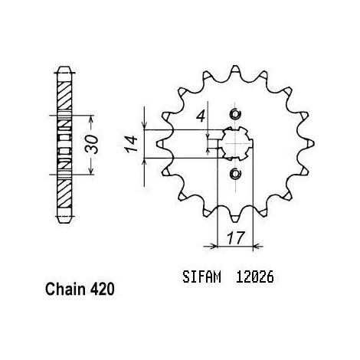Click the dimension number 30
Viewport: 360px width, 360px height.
[x=92, y=145]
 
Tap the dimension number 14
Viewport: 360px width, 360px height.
[x=132, y=144]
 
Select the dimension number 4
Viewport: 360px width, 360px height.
[x=201, y=116]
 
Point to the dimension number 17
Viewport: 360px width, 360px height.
[x=235, y=238]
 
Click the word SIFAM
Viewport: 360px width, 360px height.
[x=201, y=277]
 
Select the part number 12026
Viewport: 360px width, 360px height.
[x=254, y=277]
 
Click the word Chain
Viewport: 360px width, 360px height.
[x=65, y=290]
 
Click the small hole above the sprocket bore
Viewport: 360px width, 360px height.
[x=235, y=114]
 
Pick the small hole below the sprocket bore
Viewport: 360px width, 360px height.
[x=235, y=174]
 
